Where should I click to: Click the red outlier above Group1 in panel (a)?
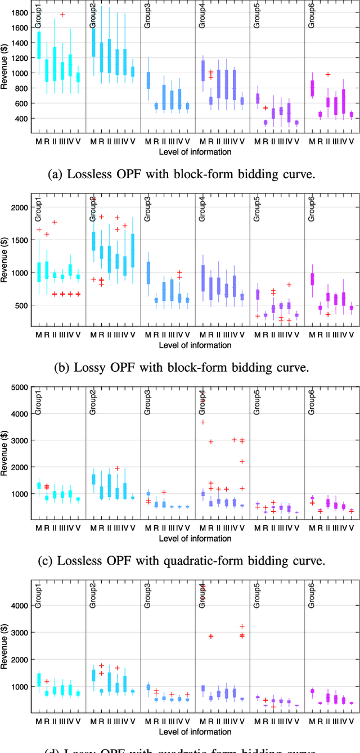click(x=62, y=14)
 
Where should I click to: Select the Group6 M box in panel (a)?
click(x=312, y=88)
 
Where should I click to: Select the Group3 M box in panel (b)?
click(x=148, y=273)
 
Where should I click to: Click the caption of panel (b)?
click(x=180, y=368)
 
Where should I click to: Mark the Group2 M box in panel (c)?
click(x=93, y=479)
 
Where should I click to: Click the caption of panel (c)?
click(x=180, y=560)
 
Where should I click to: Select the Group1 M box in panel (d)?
click(x=39, y=679)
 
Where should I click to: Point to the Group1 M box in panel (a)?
click(x=39, y=45)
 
